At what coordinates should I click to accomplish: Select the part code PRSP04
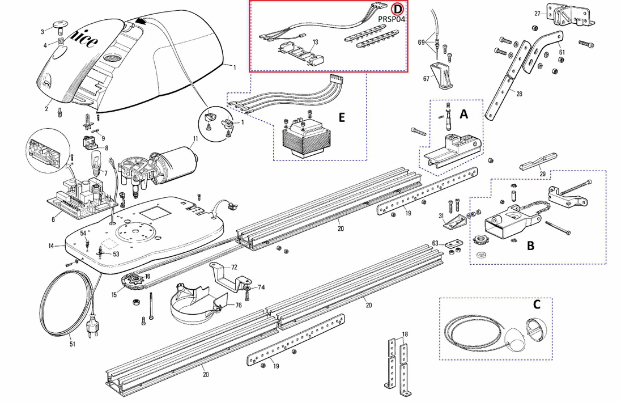[x=393, y=18]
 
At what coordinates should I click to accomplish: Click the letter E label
[x=341, y=117]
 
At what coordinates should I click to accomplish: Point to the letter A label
[x=463, y=114]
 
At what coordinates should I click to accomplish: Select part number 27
[x=537, y=13]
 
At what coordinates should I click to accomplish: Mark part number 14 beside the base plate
[x=50, y=247]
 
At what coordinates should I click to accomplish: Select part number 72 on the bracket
[x=234, y=266]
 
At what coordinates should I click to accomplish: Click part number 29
[x=543, y=174]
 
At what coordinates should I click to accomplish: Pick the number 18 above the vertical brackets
[x=405, y=334]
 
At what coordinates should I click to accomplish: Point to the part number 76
[x=239, y=305]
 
